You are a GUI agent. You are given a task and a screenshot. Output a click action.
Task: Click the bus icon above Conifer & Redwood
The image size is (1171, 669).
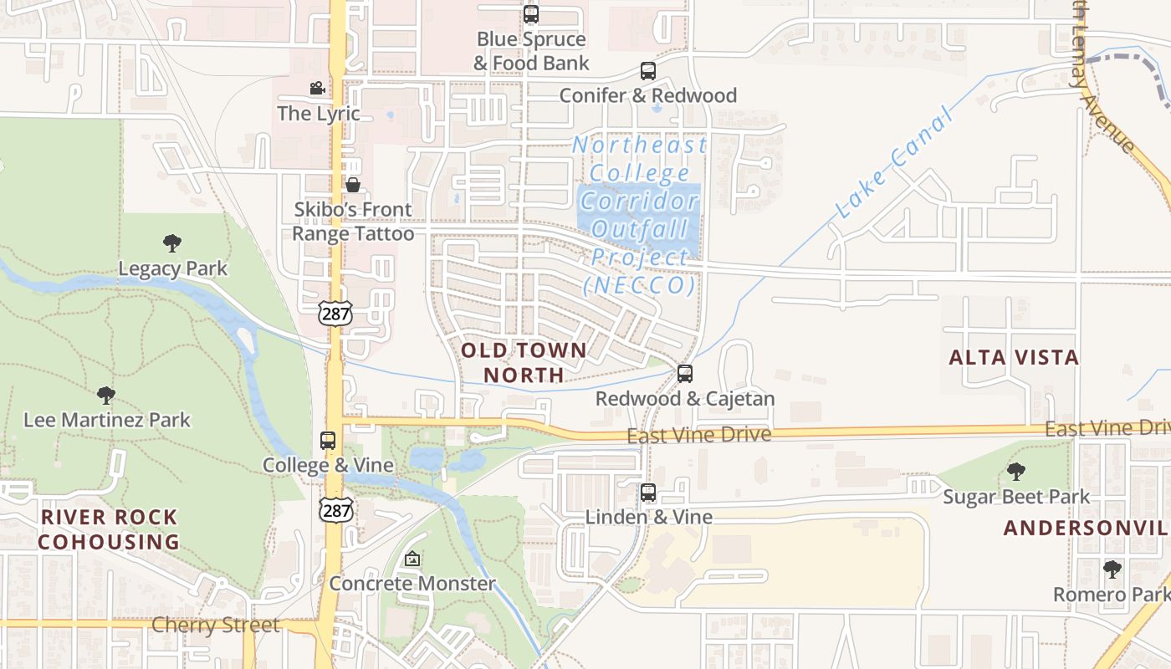pos(648,71)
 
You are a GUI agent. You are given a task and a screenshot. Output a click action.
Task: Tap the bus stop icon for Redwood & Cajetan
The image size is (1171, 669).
pos(685,374)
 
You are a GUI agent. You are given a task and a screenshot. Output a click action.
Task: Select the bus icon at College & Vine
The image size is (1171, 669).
pos(328,441)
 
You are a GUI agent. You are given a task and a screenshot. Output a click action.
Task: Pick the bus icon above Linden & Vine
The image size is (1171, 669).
pos(648,493)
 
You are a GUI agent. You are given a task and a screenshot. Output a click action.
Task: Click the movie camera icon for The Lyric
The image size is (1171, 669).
pos(317,89)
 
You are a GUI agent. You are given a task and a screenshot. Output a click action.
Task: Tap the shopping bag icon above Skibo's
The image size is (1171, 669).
pos(353,185)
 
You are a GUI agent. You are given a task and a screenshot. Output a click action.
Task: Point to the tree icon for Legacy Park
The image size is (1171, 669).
pos(172,243)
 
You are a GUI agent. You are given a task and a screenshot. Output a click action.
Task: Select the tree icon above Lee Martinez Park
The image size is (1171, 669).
pos(106,395)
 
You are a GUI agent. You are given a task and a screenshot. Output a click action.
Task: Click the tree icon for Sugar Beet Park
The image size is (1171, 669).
pos(1016,472)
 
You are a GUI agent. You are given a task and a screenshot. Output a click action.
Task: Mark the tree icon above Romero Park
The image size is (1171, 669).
pos(1112,569)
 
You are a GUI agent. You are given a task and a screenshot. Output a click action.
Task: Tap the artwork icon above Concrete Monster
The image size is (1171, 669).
pos(412,559)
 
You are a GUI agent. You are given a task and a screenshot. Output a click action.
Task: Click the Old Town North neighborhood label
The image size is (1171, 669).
pos(524,362)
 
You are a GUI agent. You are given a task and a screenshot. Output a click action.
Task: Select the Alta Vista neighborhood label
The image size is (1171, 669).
pos(1014,358)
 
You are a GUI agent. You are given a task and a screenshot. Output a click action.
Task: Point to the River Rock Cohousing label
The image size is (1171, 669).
pos(109,529)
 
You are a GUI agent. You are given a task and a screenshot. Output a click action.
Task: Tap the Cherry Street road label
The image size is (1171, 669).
pos(216,626)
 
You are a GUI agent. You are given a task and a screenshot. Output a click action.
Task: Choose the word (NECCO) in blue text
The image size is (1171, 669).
pos(639,285)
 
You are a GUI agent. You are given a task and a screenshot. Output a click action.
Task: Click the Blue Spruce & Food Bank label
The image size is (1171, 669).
pos(531,51)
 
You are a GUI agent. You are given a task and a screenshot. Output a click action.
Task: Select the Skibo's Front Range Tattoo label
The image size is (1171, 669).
pos(353,222)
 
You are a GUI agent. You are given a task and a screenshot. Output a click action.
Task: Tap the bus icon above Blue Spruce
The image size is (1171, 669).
pos(531,14)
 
